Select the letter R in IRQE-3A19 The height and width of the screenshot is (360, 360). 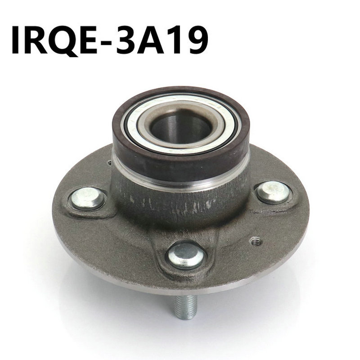pos(36,40)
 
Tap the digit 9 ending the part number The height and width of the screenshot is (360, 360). pos(197,40)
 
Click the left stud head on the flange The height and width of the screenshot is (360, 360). pos(88,198)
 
